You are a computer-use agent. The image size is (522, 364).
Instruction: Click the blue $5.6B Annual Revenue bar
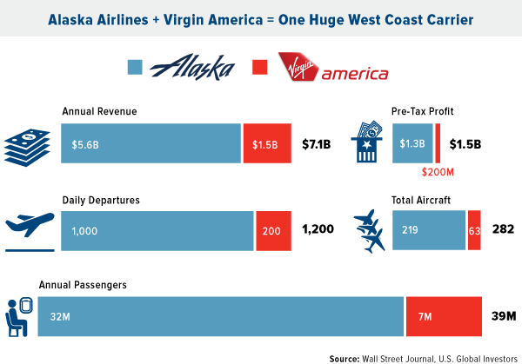151,143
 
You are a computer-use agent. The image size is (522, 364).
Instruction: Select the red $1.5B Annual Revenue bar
265,143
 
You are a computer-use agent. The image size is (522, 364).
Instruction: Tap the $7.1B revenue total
316,144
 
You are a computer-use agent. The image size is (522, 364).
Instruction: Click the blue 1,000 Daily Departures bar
157,230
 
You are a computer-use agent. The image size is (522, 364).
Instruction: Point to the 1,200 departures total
318,230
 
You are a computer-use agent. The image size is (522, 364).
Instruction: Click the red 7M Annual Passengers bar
444,316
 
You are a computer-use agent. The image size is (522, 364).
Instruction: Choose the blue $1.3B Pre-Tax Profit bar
412,143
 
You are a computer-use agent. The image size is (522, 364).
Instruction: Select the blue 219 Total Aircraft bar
429,230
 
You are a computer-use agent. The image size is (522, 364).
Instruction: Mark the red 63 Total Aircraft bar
474,230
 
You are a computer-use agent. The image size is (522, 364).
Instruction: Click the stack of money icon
24,144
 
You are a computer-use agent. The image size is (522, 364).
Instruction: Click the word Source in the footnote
347,356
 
